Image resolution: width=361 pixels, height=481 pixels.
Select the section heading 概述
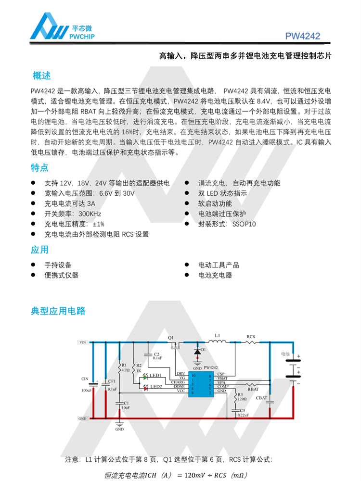pyautogui.click(x=41, y=76)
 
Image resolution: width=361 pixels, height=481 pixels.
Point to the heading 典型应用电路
pyautogui.click(x=58, y=311)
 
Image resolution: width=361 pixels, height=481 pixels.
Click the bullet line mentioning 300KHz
pyautogui.click(x=73, y=214)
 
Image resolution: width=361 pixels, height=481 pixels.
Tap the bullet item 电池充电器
pyautogui.click(x=215, y=275)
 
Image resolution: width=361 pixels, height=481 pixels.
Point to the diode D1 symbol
pyautogui.click(x=197, y=352)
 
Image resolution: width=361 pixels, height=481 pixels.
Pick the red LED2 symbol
pyautogui.click(x=144, y=387)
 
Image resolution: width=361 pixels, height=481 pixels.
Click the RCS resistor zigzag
pyautogui.click(x=251, y=342)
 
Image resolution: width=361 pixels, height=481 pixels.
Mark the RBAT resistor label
pyautogui.click(x=253, y=389)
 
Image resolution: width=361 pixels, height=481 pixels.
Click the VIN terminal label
pyautogui.click(x=82, y=342)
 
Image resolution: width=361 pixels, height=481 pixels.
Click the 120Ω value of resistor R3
pyautogui.click(x=242, y=399)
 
